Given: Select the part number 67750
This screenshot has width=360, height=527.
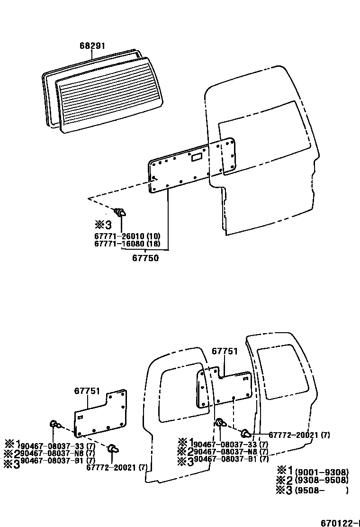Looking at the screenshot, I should pyautogui.click(x=145, y=258).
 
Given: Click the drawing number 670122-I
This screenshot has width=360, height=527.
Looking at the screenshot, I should pyautogui.click(x=338, y=523).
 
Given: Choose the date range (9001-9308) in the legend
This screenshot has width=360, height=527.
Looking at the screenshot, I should pyautogui.click(x=322, y=472).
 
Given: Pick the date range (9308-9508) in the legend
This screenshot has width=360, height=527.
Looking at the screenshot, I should pyautogui.click(x=322, y=481).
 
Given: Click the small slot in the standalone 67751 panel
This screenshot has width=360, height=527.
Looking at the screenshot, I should pyautogui.click(x=81, y=417).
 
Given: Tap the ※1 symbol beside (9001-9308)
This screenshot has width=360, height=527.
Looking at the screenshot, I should pyautogui.click(x=284, y=471).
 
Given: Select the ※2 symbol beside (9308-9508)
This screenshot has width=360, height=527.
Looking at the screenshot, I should pyautogui.click(x=284, y=480).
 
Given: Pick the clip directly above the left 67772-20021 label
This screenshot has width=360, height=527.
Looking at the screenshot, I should pyautogui.click(x=113, y=448).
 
